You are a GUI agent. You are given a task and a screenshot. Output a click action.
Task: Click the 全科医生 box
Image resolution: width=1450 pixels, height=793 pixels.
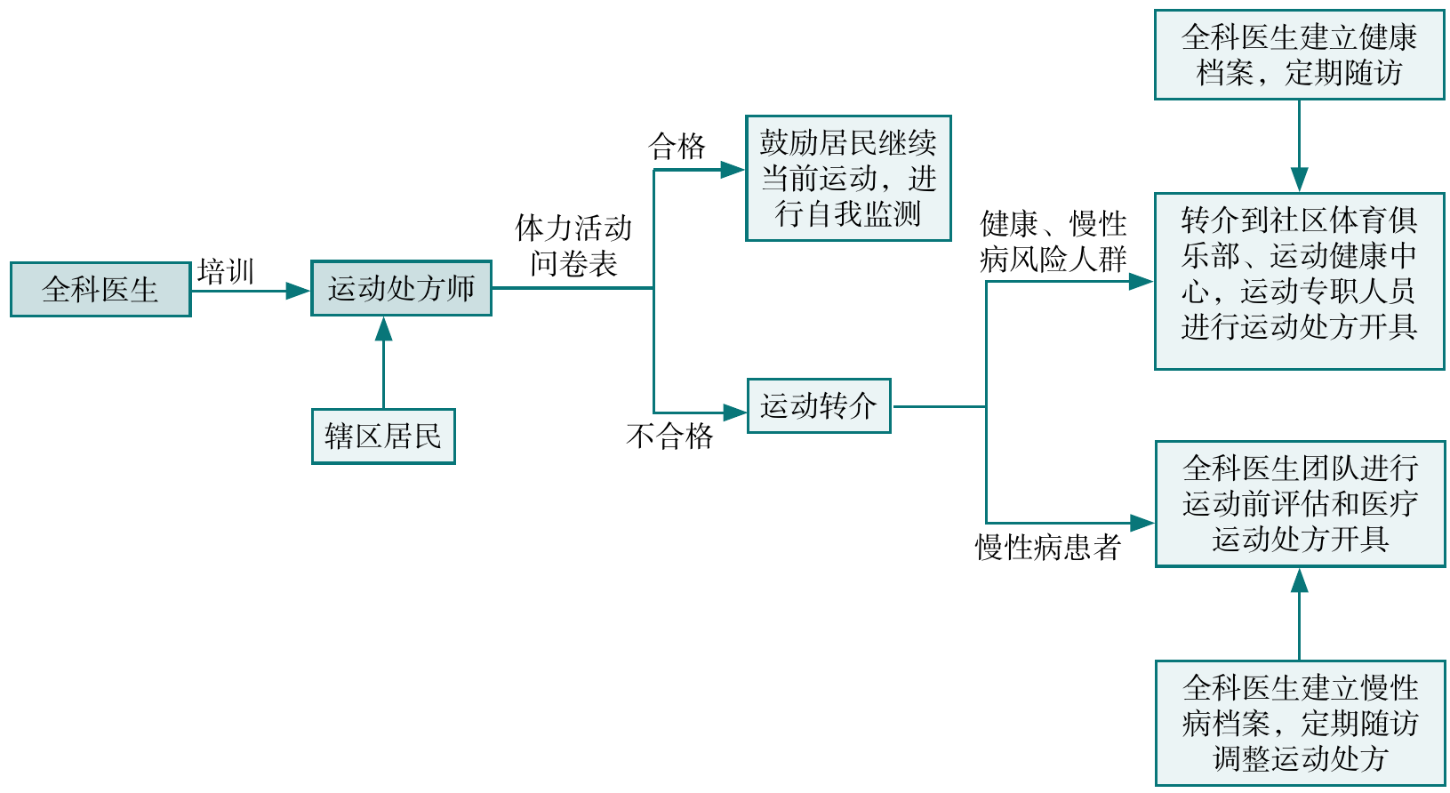(100, 289)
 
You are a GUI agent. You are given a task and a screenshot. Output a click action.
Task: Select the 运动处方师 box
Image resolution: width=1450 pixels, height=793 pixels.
(401, 288)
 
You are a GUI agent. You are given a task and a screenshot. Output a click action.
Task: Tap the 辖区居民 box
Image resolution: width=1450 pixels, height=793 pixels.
(383, 436)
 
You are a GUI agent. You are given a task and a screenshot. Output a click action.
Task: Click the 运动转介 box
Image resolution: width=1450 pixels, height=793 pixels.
(819, 406)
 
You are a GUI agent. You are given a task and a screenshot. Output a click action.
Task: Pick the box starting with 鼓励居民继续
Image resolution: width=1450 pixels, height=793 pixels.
(848, 178)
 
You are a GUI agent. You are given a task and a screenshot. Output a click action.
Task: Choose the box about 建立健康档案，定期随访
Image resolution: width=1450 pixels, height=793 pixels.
(1299, 55)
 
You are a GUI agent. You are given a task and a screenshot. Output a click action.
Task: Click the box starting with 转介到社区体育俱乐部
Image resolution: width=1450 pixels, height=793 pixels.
(1299, 280)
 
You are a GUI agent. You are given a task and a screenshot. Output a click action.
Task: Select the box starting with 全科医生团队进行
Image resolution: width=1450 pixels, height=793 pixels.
(1300, 503)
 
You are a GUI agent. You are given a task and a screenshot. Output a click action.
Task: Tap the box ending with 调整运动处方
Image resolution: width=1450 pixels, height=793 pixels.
(1300, 723)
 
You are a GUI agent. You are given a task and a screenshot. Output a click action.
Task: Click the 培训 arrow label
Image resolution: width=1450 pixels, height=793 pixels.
(226, 271)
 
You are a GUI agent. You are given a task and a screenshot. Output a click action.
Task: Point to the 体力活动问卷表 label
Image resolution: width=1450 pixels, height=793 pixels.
(573, 245)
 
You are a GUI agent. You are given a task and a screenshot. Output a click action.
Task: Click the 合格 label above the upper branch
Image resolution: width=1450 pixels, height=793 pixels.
(677, 147)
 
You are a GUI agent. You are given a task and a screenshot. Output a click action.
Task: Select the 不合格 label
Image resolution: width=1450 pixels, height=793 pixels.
(669, 437)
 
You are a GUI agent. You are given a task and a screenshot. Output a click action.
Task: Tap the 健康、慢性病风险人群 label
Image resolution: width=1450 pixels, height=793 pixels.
(1053, 241)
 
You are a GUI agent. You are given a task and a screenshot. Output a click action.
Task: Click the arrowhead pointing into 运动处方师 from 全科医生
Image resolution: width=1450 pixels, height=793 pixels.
(298, 290)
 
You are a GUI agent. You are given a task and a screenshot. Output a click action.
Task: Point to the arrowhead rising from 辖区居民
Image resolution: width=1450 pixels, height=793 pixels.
(383, 330)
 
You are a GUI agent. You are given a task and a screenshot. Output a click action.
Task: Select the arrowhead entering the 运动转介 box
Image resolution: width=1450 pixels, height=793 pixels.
(735, 412)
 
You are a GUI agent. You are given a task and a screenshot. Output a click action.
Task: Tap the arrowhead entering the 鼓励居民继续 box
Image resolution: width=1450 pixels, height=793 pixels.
(733, 170)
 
